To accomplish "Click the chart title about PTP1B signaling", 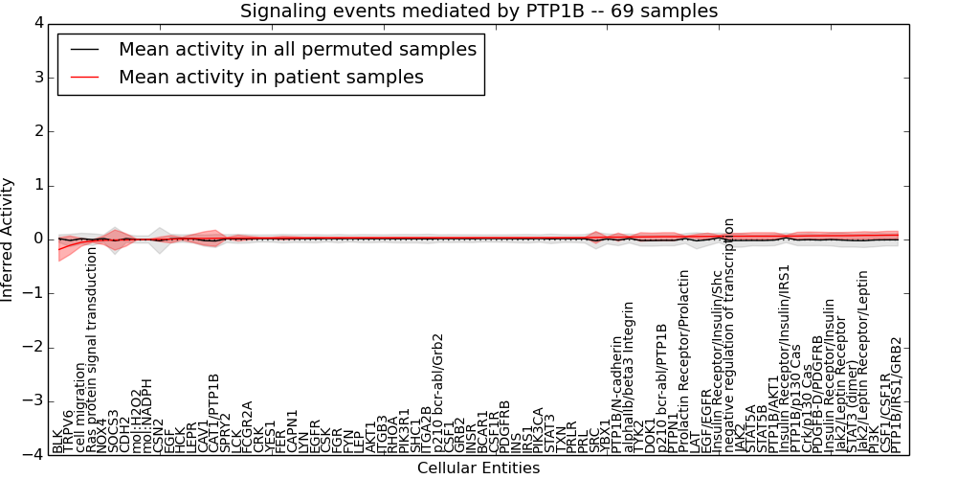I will (x=478, y=11).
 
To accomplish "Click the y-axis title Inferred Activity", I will (x=9, y=239).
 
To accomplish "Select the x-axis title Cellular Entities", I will (x=478, y=468).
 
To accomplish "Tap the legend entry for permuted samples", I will (x=297, y=49).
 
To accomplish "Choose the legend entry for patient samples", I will (x=271, y=77).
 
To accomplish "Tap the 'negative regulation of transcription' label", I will (x=729, y=334).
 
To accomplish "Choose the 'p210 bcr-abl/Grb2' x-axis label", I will (x=438, y=393).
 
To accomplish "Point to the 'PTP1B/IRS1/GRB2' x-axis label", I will (x=897, y=395).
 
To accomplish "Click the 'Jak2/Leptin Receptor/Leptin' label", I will (x=863, y=374).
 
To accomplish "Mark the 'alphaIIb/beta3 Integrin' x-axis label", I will (x=629, y=376).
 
